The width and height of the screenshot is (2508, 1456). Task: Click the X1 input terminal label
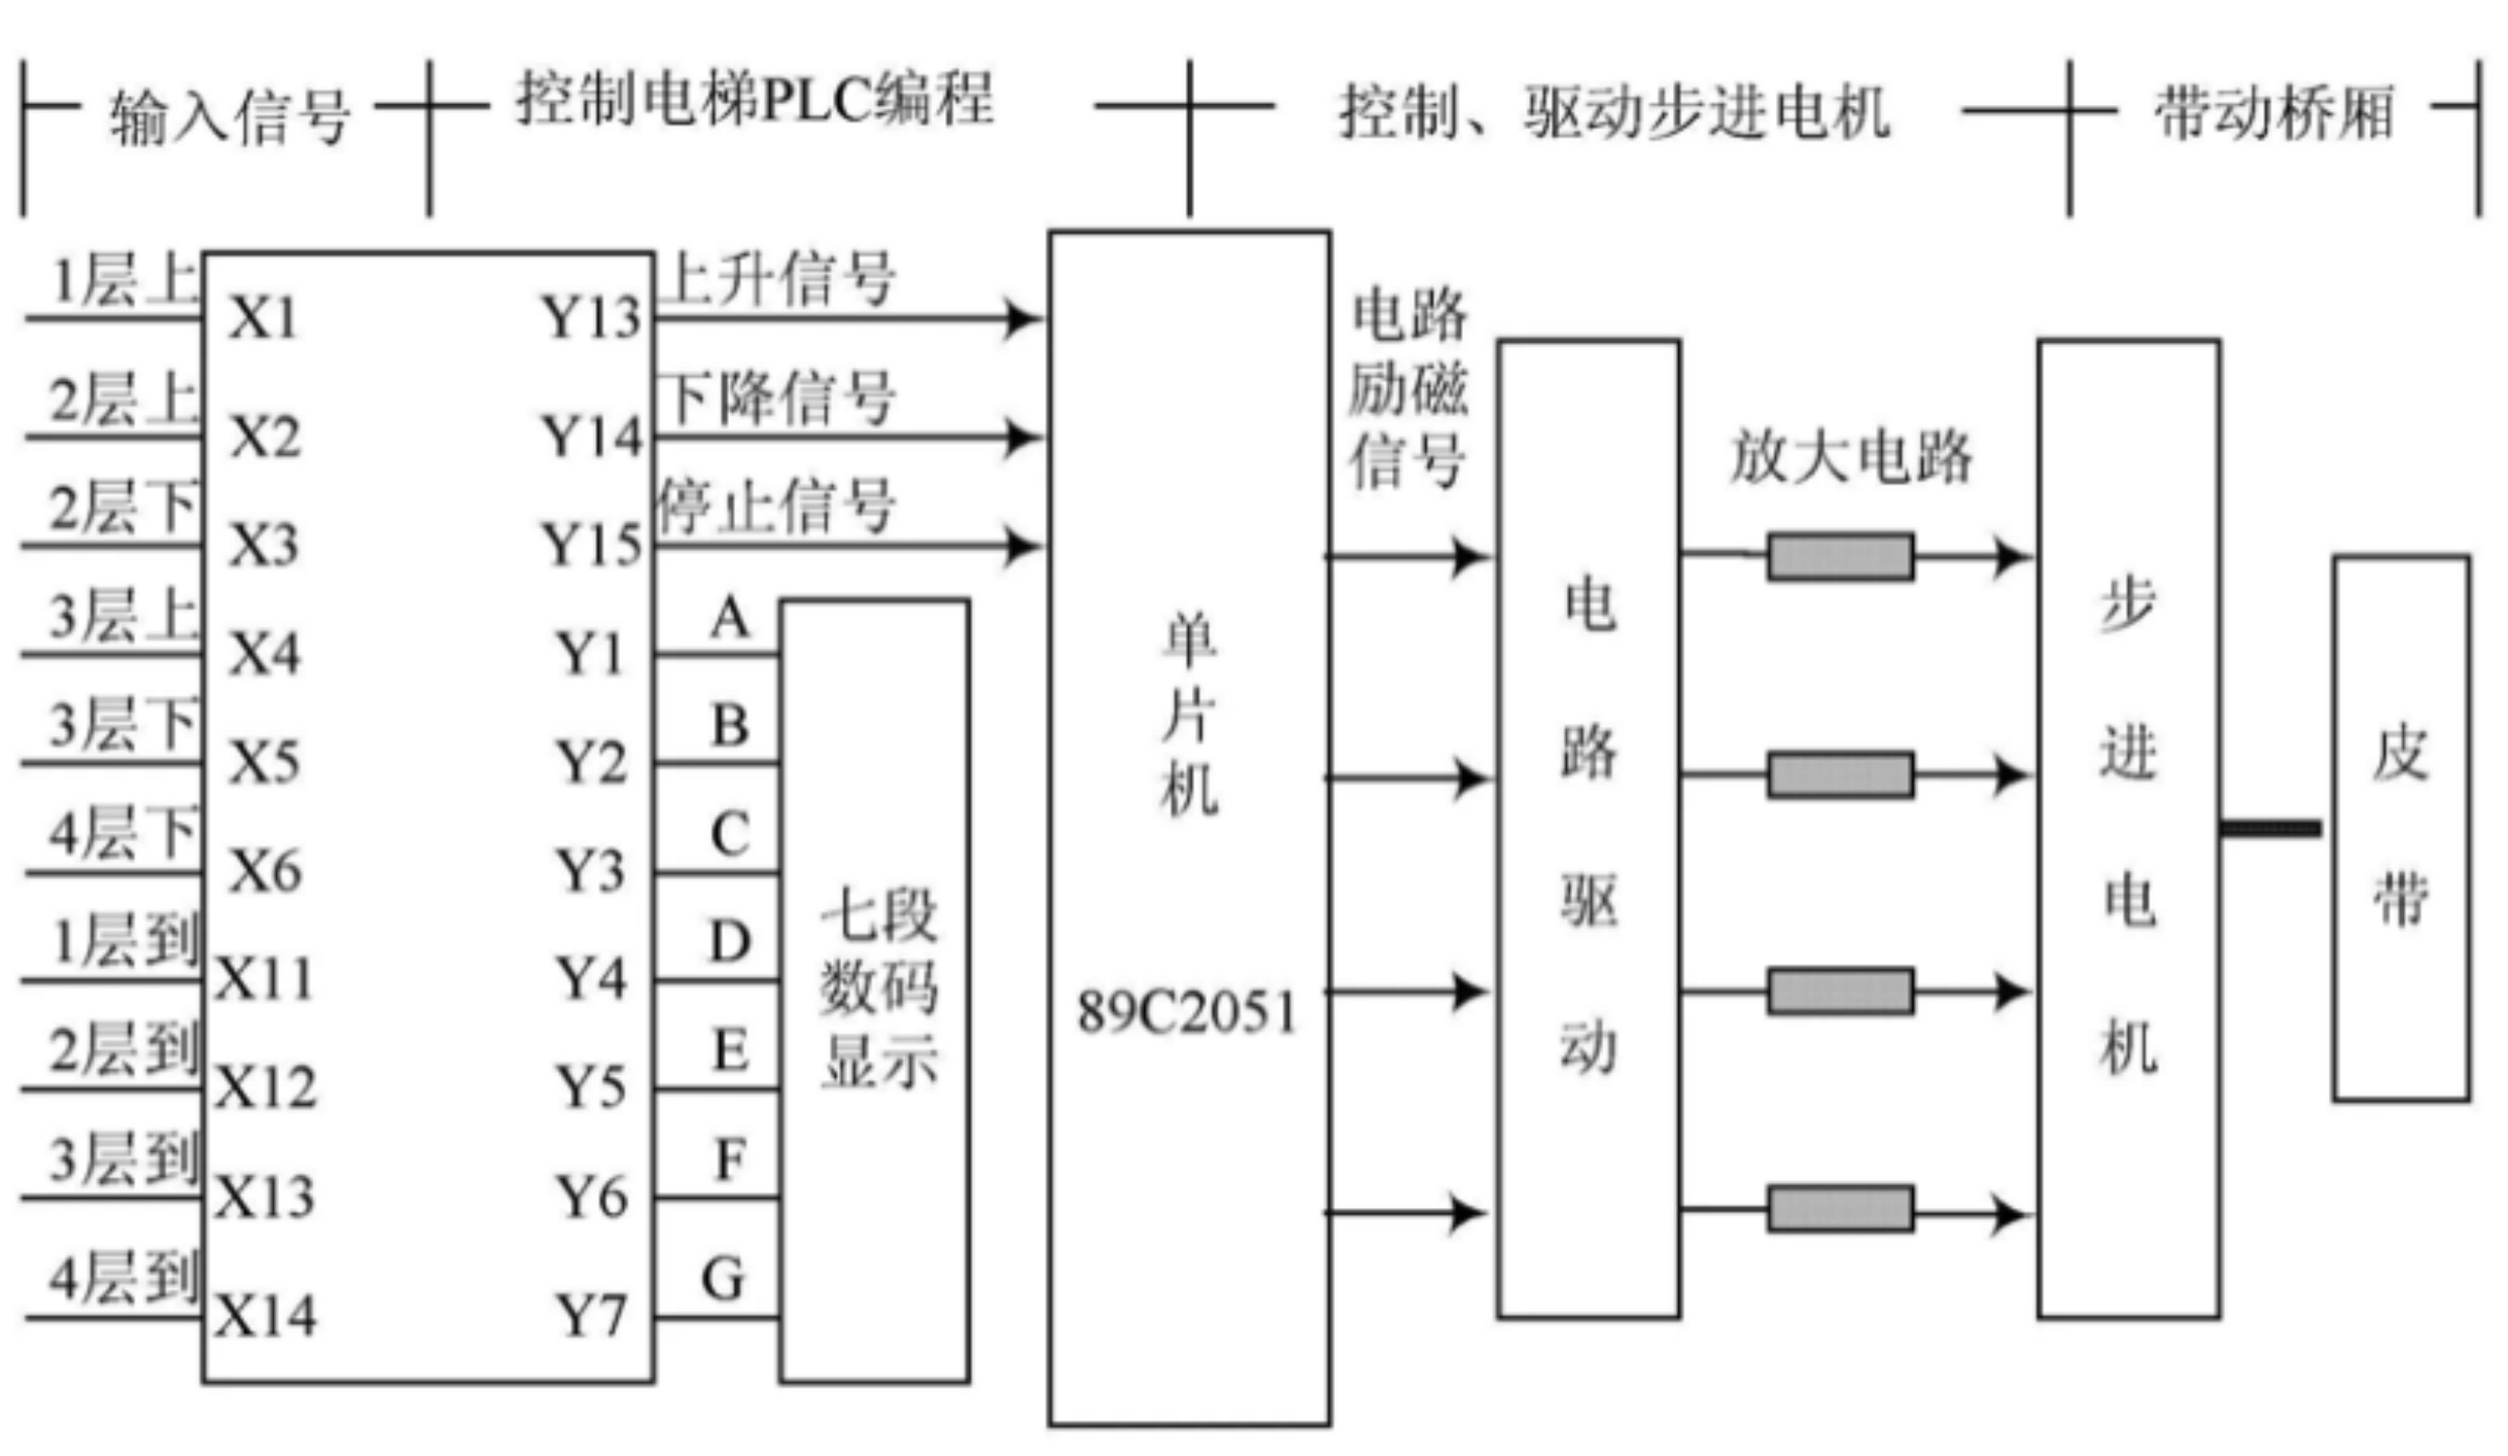click(264, 318)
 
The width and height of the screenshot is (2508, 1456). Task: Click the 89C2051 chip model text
click(1187, 1012)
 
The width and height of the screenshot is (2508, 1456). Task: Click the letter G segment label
click(723, 1279)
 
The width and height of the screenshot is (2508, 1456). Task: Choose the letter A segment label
click(729, 619)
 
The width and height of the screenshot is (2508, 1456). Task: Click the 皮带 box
click(2400, 828)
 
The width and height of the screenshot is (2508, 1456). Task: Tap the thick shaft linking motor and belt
click(2271, 828)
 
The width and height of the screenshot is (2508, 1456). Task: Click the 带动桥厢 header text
click(2274, 112)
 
